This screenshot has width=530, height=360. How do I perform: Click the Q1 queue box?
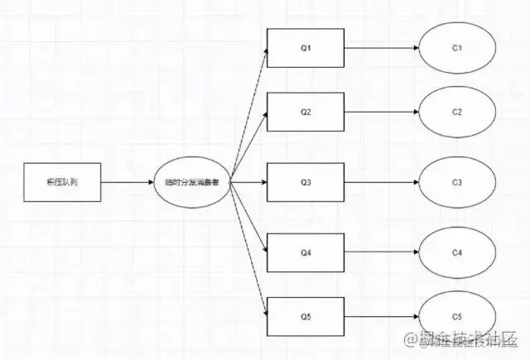(x=306, y=48)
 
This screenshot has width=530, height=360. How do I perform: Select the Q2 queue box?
(x=306, y=112)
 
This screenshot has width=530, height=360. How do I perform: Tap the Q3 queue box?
(x=306, y=181)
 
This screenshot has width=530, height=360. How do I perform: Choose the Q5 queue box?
(x=306, y=316)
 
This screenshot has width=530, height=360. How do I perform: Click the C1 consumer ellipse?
(x=456, y=48)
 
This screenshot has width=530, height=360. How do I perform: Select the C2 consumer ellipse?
(x=456, y=112)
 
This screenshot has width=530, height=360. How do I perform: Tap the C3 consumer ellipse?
(x=456, y=181)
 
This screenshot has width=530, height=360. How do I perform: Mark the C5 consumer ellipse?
(x=456, y=316)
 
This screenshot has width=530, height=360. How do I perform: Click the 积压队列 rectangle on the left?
(x=62, y=181)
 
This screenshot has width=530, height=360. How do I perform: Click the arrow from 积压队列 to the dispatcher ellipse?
(x=128, y=181)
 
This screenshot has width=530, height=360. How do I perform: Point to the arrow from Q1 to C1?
(x=381, y=48)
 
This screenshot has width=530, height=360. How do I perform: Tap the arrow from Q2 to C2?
(x=381, y=112)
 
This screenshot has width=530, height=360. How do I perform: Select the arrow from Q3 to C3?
(x=381, y=181)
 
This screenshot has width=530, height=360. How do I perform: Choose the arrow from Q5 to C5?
(x=381, y=316)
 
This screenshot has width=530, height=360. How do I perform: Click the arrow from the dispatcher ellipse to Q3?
(x=248, y=181)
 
